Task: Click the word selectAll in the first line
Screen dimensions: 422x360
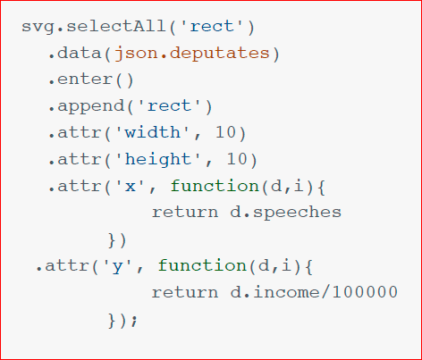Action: click(116, 26)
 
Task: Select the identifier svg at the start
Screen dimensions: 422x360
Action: click(38, 28)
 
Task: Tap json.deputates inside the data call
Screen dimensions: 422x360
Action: click(192, 54)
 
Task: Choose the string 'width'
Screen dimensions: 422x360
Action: click(153, 132)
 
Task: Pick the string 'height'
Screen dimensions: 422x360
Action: click(158, 160)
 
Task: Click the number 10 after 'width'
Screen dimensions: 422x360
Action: click(225, 132)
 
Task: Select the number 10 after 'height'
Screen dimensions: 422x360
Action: click(237, 159)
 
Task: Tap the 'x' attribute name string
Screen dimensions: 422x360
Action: click(131, 187)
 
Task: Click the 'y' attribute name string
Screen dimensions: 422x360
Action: click(117, 266)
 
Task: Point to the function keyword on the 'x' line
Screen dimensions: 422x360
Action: click(215, 186)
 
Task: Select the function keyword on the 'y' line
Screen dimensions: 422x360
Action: click(202, 265)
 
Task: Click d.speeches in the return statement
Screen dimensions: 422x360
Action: click(285, 213)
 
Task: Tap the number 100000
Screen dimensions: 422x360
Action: click(365, 291)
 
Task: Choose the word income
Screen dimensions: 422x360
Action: click(286, 291)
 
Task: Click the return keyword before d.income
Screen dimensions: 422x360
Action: click(185, 292)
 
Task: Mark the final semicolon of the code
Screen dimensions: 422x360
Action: click(134, 321)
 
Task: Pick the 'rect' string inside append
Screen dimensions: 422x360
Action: click(169, 106)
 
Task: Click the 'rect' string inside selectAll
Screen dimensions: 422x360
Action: click(212, 27)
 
